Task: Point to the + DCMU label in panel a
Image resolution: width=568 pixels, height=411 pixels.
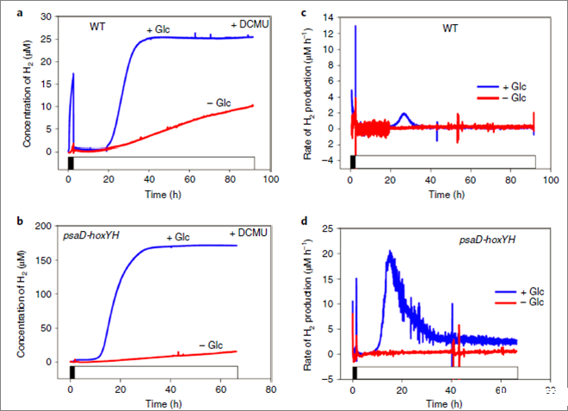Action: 250,25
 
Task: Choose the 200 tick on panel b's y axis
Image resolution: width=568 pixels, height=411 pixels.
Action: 52,225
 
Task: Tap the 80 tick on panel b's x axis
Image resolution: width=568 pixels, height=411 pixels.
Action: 270,388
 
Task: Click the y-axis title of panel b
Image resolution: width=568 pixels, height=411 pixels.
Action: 26,294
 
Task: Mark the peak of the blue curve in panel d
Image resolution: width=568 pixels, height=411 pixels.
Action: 390,252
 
